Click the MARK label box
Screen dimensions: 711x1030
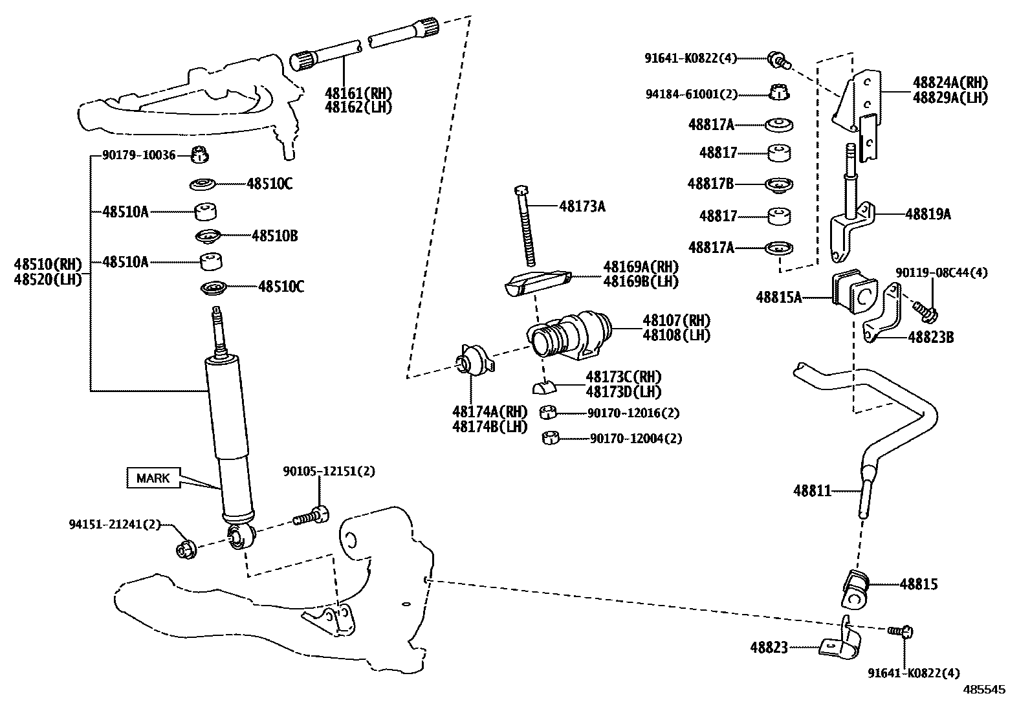(x=153, y=478)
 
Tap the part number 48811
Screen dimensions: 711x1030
(x=812, y=491)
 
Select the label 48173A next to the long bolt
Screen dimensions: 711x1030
(x=582, y=206)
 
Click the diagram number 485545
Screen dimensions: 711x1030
(x=985, y=690)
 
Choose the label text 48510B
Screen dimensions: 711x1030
(x=274, y=235)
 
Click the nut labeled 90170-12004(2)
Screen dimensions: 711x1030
(x=551, y=438)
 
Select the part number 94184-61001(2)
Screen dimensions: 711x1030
(x=691, y=94)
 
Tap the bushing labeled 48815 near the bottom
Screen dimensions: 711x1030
(x=855, y=588)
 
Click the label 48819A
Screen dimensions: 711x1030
(x=928, y=214)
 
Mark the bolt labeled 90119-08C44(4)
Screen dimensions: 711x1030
(x=927, y=312)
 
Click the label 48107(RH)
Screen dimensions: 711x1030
(x=676, y=321)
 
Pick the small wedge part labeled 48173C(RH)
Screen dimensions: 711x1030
(x=544, y=387)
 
